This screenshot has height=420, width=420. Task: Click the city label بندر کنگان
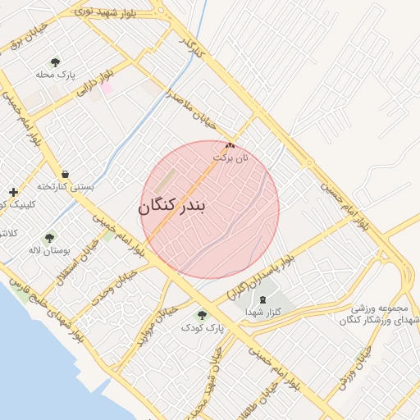[x=173, y=206]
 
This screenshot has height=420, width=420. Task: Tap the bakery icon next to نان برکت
[x=229, y=144]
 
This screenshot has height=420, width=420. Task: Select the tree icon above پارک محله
[x=56, y=62]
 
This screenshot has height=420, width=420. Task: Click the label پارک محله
[x=56, y=75]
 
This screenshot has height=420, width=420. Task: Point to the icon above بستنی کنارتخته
[x=65, y=174]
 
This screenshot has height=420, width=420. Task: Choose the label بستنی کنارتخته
[x=66, y=186]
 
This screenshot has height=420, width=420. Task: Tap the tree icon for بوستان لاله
[x=49, y=238]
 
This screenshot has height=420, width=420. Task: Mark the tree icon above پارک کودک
[x=202, y=314]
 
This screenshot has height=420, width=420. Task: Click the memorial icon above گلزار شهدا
[x=262, y=300]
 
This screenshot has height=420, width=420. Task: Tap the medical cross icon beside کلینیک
[x=13, y=192]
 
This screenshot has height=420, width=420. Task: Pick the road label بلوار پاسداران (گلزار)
[x=260, y=276]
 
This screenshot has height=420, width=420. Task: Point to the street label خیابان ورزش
[x=354, y=366]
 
